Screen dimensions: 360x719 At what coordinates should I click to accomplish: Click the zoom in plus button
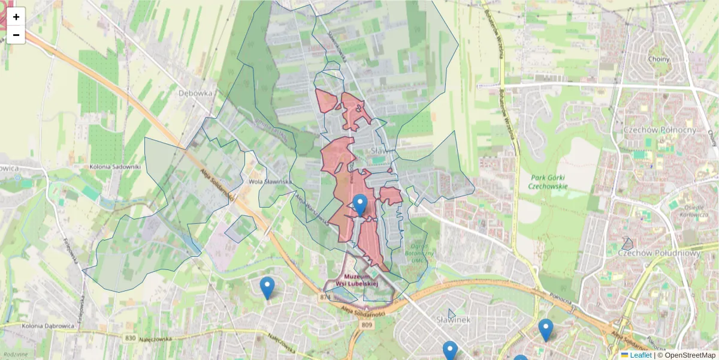click(x=16, y=17)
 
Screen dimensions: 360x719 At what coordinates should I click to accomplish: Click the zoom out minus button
click(x=16, y=35)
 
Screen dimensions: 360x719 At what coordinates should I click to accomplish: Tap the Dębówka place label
click(x=196, y=93)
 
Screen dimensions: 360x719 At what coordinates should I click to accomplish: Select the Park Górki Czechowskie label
click(x=548, y=181)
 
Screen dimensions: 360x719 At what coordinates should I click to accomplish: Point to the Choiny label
click(x=658, y=59)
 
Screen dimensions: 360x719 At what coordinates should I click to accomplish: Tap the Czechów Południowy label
click(x=659, y=253)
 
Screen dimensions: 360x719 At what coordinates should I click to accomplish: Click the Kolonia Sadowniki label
click(x=114, y=166)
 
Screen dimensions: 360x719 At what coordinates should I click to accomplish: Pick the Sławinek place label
click(x=454, y=319)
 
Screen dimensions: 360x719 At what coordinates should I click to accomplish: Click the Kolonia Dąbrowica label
click(x=48, y=326)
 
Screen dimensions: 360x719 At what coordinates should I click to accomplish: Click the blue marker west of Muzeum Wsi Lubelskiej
click(x=267, y=287)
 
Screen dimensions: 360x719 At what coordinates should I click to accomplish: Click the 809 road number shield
click(x=367, y=325)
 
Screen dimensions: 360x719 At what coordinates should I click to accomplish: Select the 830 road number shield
click(x=131, y=338)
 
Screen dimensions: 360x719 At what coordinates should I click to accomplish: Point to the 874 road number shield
click(x=325, y=297)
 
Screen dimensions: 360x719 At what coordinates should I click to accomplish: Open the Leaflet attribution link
click(x=640, y=355)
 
